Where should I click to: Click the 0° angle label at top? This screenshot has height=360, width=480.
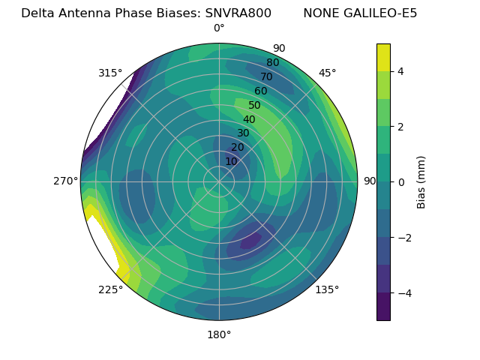pyautogui.click(x=219, y=28)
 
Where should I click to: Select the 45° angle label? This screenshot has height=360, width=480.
pyautogui.click(x=327, y=73)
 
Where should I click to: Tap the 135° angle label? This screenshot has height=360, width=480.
pyautogui.click(x=327, y=289)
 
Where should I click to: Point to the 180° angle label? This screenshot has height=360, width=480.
pyautogui.click(x=219, y=334)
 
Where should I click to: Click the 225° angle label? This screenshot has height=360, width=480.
pyautogui.click(x=110, y=289)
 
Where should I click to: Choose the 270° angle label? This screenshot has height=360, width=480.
pyautogui.click(x=65, y=181)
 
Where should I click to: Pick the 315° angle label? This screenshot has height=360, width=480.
pyautogui.click(x=110, y=73)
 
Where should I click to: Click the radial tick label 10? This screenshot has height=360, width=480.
pyautogui.click(x=231, y=161)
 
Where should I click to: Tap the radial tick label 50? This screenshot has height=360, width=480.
pyautogui.click(x=254, y=105)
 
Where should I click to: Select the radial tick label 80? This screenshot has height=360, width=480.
pyautogui.click(x=272, y=62)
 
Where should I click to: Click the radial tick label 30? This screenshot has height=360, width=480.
pyautogui.click(x=243, y=133)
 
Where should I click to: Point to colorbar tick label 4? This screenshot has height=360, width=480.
pyautogui.click(x=401, y=71)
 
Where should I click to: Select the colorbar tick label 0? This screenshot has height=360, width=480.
pyautogui.click(x=401, y=182)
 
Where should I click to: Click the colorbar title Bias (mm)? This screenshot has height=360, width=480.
pyautogui.click(x=421, y=182)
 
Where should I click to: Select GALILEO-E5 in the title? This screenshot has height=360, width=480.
pyautogui.click(x=382, y=13)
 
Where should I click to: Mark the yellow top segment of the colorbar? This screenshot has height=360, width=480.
pyautogui.click(x=383, y=58)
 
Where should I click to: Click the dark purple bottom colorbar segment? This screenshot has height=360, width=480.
pyautogui.click(x=383, y=307)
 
